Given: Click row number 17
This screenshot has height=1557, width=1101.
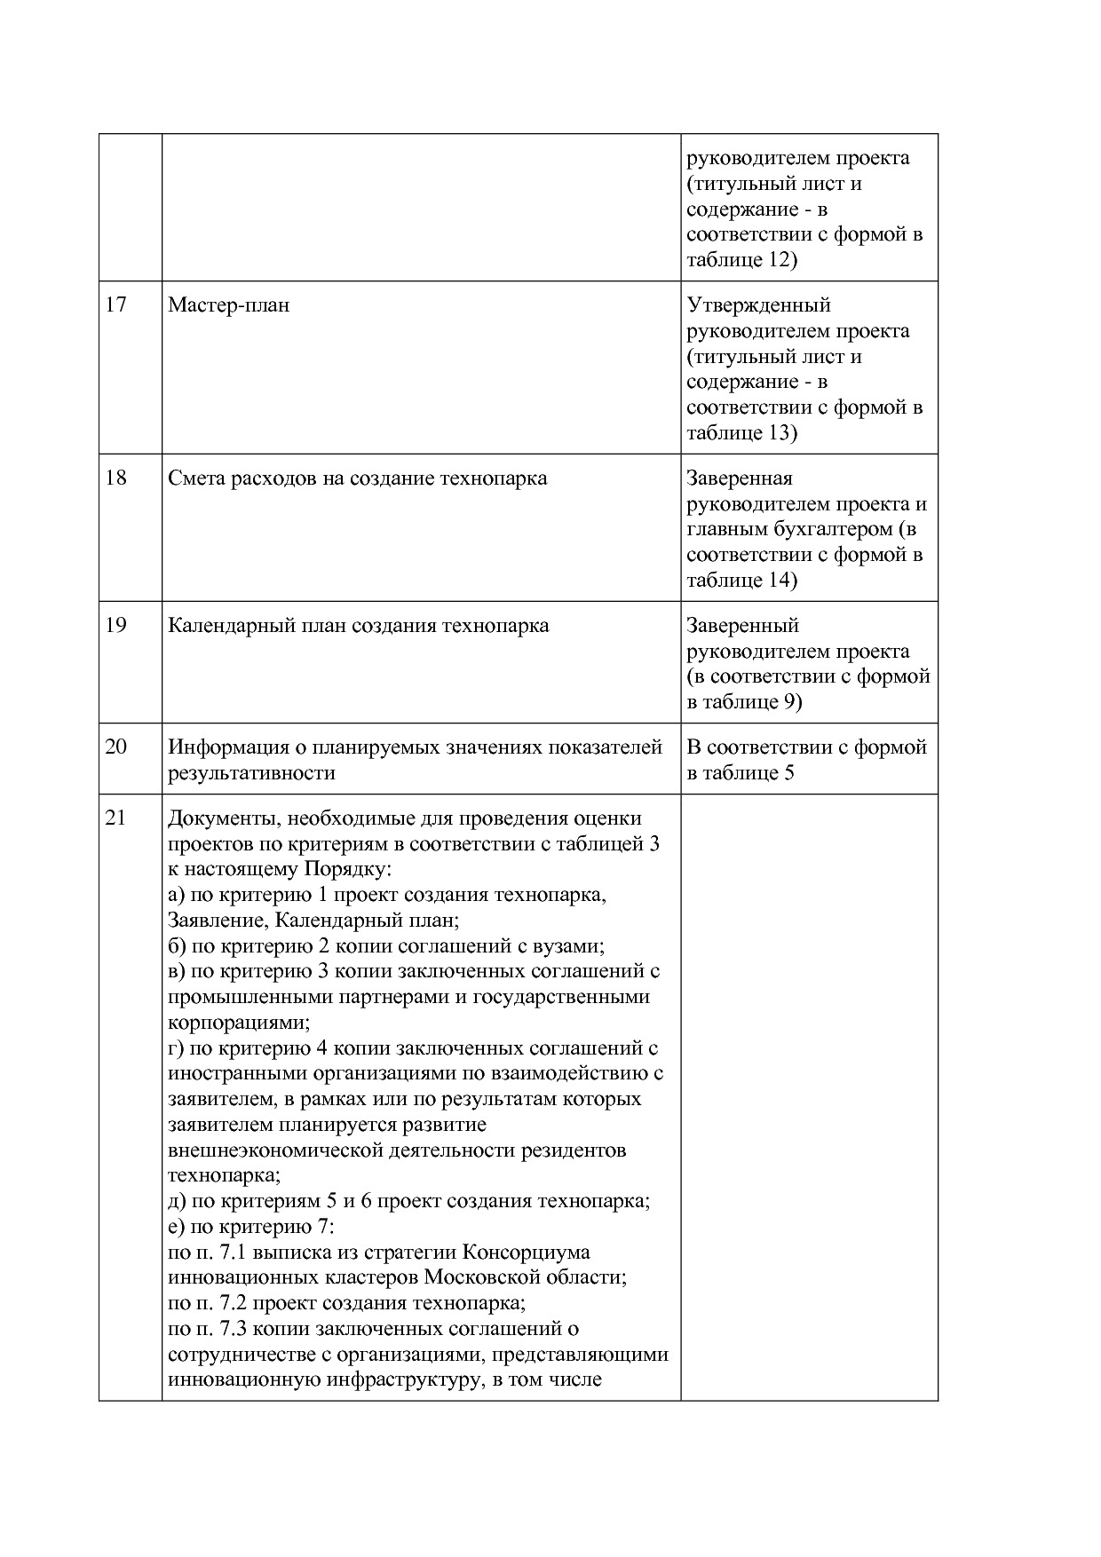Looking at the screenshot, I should click(x=115, y=305).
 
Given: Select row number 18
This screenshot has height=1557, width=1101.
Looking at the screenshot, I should click(x=115, y=478).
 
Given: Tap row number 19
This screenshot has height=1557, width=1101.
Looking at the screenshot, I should click(x=115, y=626).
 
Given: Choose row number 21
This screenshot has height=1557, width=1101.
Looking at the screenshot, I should click(x=115, y=818).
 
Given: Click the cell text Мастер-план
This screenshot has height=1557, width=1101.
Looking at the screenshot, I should click(x=228, y=305).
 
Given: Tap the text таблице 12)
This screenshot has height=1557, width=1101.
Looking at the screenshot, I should click(x=741, y=260).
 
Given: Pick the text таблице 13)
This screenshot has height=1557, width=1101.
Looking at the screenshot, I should click(x=741, y=433).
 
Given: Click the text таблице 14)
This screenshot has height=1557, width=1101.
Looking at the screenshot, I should click(x=741, y=581).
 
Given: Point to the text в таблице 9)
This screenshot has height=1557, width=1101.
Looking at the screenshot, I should click(x=744, y=702).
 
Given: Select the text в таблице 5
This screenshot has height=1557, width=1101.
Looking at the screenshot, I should click(x=740, y=773).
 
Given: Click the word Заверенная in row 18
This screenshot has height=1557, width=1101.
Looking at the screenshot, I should click(x=739, y=478).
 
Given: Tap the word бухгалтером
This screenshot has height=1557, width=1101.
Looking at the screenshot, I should click(x=831, y=529).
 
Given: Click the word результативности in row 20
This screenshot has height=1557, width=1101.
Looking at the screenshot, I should click(x=251, y=773).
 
